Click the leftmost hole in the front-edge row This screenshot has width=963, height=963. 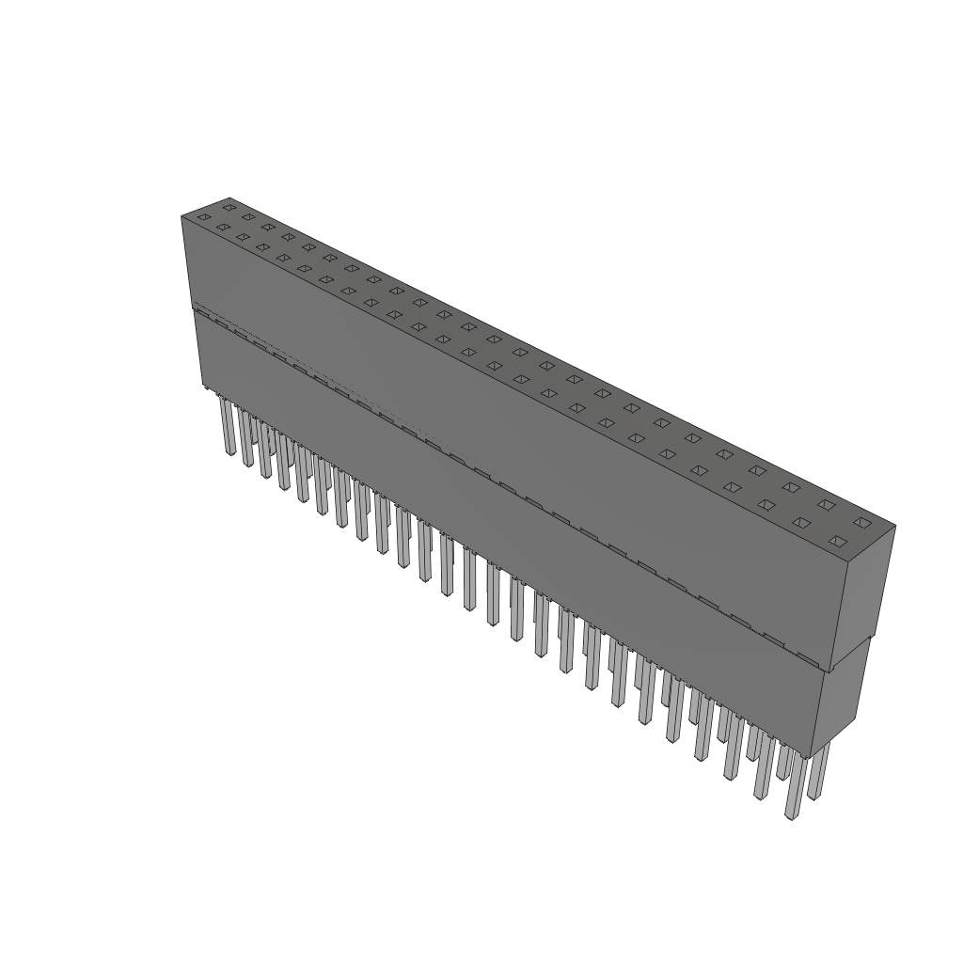[203, 217]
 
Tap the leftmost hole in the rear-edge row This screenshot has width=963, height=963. [229, 207]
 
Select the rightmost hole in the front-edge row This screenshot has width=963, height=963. [836, 541]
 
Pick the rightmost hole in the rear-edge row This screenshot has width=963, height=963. [860, 522]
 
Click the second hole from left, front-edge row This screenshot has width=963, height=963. [223, 227]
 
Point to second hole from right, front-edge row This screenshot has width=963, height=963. [800, 522]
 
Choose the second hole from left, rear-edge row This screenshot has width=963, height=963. [248, 216]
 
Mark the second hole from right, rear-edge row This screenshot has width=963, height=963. [826, 504]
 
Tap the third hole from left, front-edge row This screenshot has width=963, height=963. [243, 237]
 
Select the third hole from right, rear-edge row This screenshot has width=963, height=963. [792, 487]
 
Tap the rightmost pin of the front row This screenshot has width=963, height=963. [795, 786]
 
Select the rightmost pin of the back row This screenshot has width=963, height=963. [818, 771]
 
